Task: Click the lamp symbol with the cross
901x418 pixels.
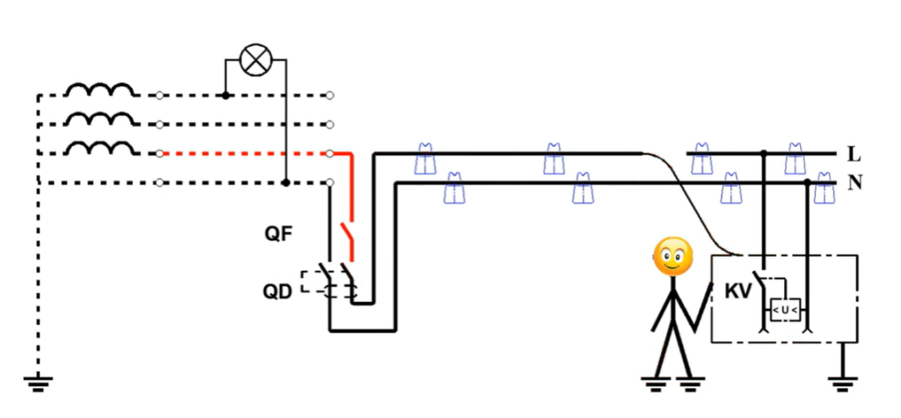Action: (x=255, y=60)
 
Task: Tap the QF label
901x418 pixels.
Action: (x=279, y=235)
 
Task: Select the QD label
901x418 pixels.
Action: (x=278, y=292)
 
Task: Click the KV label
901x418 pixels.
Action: (x=738, y=291)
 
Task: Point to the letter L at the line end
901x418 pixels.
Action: (x=853, y=154)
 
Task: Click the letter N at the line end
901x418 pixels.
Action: (x=855, y=183)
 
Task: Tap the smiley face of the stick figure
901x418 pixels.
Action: (x=673, y=256)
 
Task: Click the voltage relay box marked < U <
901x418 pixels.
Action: (x=785, y=311)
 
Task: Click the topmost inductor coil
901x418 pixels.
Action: (x=100, y=91)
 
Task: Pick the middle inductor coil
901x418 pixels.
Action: (x=100, y=119)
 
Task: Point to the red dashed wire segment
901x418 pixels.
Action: (x=245, y=153)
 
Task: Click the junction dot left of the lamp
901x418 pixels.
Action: (x=225, y=95)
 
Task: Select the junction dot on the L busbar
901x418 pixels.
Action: (x=764, y=153)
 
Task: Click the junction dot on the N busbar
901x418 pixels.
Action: (x=808, y=183)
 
